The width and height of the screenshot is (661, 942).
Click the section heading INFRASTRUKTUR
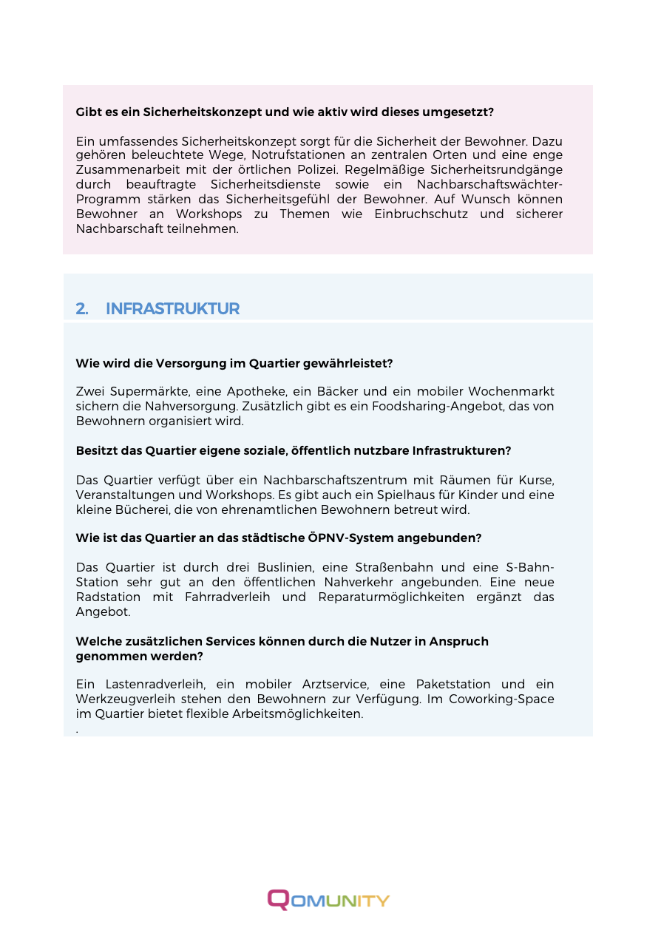pyautogui.click(x=172, y=309)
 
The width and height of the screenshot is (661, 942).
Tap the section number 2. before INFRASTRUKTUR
pyautogui.click(x=82, y=309)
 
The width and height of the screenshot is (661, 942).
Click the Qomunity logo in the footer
pyautogui.click(x=328, y=900)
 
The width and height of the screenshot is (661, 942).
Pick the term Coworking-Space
pyautogui.click(x=509, y=699)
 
